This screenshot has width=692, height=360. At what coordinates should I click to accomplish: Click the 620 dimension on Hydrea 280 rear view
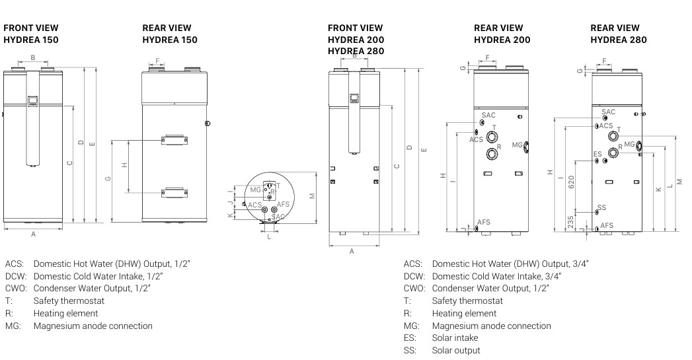click(x=570, y=182)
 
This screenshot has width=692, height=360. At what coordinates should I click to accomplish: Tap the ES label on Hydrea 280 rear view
click(x=597, y=155)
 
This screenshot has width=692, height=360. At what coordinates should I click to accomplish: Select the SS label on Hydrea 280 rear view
click(x=601, y=208)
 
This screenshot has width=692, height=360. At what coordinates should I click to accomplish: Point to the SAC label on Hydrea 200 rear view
click(x=488, y=116)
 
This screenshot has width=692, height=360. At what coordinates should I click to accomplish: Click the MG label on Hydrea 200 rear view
click(x=517, y=144)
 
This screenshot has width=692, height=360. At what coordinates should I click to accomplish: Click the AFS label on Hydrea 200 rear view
click(x=484, y=223)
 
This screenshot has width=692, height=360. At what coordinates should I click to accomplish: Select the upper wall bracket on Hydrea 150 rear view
click(x=175, y=139)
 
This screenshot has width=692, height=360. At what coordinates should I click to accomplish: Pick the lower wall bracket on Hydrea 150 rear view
click(x=175, y=193)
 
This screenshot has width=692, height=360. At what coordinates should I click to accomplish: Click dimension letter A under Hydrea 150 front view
click(x=33, y=234)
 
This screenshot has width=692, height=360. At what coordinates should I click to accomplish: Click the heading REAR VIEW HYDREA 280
click(x=618, y=34)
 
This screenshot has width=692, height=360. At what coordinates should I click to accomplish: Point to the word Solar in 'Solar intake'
click(x=442, y=338)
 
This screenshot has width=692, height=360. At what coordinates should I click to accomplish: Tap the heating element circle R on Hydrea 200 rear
click(x=493, y=154)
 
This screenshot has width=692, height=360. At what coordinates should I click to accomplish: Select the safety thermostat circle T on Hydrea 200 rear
click(x=493, y=137)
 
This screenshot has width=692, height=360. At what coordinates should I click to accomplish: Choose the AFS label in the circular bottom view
click(x=283, y=205)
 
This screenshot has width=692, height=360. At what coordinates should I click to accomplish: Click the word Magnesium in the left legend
click(x=56, y=326)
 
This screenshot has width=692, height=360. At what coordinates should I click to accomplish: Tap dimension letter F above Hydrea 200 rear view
click(x=487, y=58)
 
